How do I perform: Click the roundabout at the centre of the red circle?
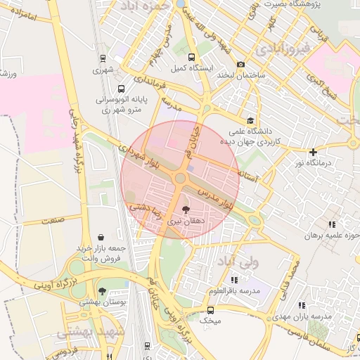click(180, 179)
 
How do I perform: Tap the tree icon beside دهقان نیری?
click(186, 210)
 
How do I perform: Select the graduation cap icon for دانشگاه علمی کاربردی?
click(250, 120)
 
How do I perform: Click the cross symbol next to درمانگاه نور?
click(314, 151)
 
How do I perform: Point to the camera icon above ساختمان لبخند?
click(241, 64)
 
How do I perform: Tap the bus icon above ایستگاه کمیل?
click(193, 57)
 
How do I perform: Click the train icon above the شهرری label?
click(104, 59)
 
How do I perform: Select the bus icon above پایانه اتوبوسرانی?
click(122, 89)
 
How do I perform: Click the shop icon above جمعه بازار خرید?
click(103, 237)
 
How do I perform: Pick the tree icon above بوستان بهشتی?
click(103, 290)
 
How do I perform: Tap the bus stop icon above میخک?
click(210, 309)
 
